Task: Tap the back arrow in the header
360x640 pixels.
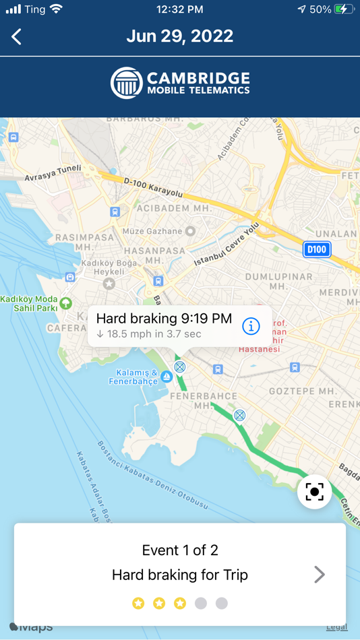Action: (17, 36)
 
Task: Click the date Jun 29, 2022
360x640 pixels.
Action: (179, 36)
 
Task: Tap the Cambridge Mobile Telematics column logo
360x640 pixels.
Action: (126, 83)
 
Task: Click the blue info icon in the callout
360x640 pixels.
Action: (251, 326)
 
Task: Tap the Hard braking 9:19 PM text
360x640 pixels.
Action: (164, 319)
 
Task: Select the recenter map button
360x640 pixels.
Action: (314, 491)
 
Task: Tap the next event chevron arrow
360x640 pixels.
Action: (320, 575)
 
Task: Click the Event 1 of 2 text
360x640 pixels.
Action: (180, 550)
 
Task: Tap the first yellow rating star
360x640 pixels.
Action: (138, 603)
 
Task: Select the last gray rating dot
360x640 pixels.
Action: (222, 603)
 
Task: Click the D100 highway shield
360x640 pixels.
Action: (316, 249)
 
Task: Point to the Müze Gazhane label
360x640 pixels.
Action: (152, 231)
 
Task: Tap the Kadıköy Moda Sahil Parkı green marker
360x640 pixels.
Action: (65, 302)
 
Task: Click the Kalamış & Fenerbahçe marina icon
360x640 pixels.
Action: (166, 377)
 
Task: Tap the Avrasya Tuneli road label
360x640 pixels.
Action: (53, 173)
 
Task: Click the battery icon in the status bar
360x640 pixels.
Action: (343, 9)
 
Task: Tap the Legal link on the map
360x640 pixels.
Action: (336, 627)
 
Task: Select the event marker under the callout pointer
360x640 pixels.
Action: (179, 367)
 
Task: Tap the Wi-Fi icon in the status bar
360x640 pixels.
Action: (56, 9)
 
